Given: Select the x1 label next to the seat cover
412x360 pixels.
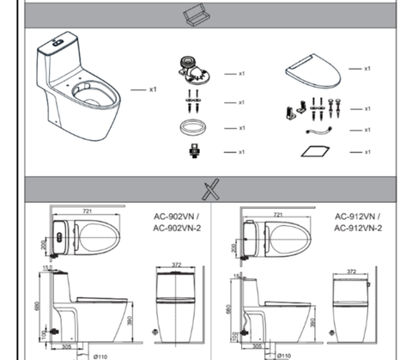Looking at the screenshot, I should (x=367, y=68).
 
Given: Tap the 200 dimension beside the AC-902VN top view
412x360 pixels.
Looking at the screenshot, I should (x=44, y=245).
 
